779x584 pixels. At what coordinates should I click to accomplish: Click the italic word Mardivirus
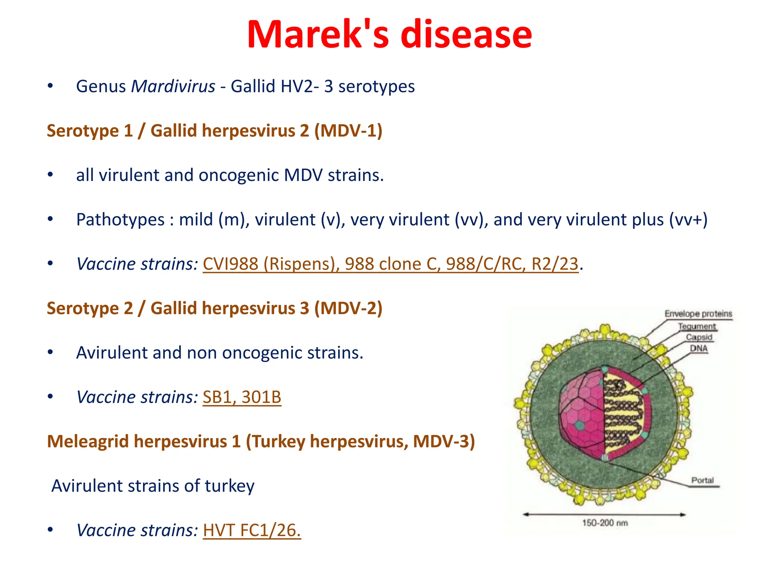pos(173,86)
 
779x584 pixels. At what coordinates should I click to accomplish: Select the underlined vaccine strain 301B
pos(261,397)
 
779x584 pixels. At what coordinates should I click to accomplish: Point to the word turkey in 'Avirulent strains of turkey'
pos(230,486)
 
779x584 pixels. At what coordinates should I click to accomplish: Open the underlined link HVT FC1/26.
pos(251,530)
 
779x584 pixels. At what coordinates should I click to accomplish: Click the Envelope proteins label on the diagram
pos(698,314)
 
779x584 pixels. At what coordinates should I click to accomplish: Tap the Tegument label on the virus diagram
pos(697,326)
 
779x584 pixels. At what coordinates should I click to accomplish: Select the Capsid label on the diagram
pos(699,337)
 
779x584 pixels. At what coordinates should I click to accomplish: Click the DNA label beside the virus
pos(699,348)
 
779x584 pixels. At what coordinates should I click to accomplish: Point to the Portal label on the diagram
pos(702,480)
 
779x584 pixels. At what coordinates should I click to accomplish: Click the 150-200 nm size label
pos(605,523)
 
